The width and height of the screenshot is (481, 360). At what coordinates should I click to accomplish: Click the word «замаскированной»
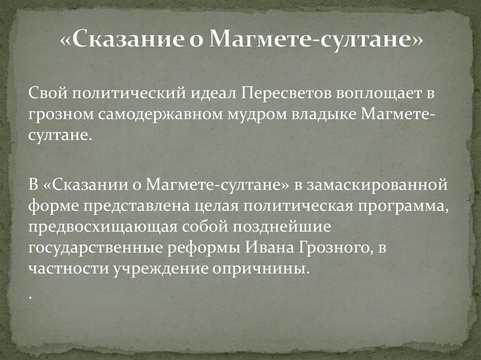379,184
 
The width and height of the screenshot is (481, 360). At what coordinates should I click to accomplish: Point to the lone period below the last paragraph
30,297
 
